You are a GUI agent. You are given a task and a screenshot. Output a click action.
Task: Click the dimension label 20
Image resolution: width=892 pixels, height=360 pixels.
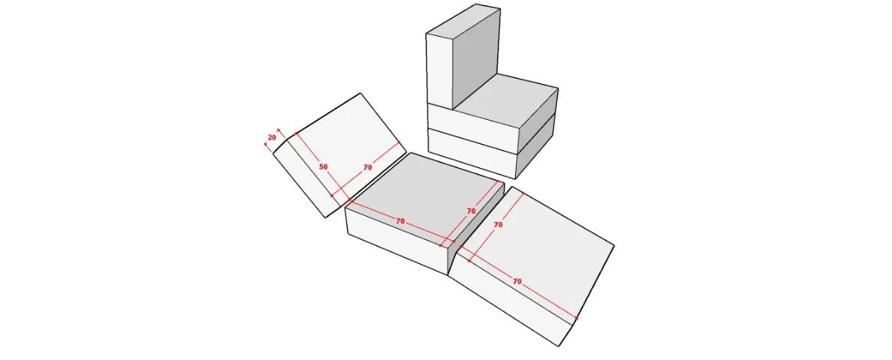272,137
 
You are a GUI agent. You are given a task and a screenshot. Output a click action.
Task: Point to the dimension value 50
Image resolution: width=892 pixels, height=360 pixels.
323,167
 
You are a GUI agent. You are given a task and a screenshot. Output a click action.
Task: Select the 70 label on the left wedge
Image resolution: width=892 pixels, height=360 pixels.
367,167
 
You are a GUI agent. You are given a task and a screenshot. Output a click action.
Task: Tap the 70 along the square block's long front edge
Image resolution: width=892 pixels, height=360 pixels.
400,221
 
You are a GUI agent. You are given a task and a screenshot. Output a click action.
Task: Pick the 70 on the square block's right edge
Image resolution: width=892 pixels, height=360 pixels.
471,211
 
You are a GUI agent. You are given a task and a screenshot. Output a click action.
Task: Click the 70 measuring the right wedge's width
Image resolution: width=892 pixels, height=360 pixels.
498,225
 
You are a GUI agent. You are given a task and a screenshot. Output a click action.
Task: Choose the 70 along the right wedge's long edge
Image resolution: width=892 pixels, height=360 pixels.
517,281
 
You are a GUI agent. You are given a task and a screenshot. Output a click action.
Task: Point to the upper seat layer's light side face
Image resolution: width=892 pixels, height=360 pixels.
472,127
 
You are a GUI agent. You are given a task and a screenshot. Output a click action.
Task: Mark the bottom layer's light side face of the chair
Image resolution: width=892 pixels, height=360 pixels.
472,153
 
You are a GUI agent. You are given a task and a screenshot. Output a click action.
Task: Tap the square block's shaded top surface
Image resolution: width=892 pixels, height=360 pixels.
426,199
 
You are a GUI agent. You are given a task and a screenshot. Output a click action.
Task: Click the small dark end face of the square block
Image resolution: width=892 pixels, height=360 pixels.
475,230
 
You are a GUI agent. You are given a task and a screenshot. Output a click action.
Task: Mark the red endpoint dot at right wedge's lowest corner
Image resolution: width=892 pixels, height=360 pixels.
577,319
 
